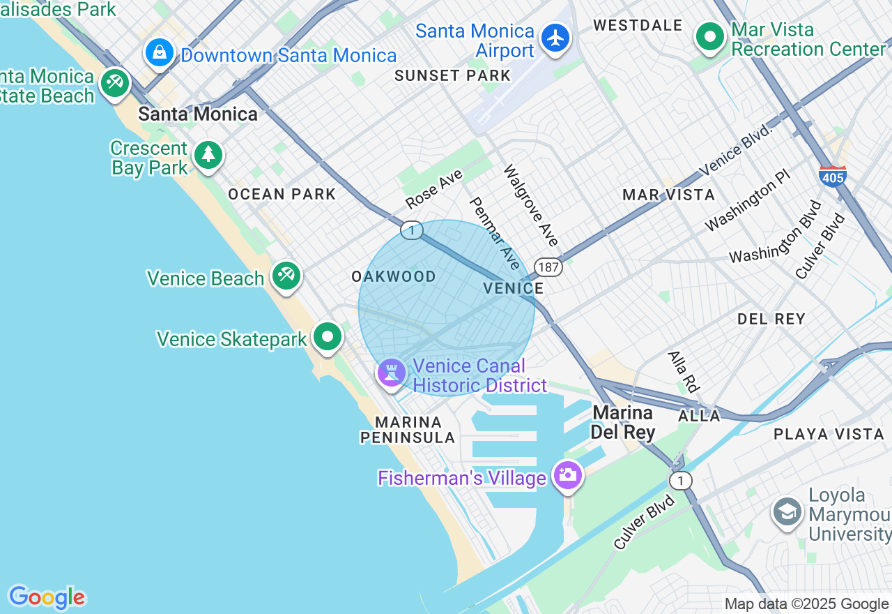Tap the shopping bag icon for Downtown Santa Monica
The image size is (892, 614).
[160, 52]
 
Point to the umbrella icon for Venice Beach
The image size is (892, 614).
[286, 276]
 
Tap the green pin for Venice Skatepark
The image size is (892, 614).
[327, 337]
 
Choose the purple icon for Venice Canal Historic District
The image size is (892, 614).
[391, 373]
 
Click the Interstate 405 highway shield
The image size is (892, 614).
[833, 176]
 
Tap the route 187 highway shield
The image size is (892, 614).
[548, 267]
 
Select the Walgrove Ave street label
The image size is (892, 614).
[531, 205]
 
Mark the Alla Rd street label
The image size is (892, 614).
[683, 371]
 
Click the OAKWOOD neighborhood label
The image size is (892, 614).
[394, 277]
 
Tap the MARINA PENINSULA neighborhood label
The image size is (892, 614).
[408, 430]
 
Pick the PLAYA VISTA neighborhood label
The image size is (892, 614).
[829, 434]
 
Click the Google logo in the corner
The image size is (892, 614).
[47, 597]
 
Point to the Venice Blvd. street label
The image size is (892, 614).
[737, 149]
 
